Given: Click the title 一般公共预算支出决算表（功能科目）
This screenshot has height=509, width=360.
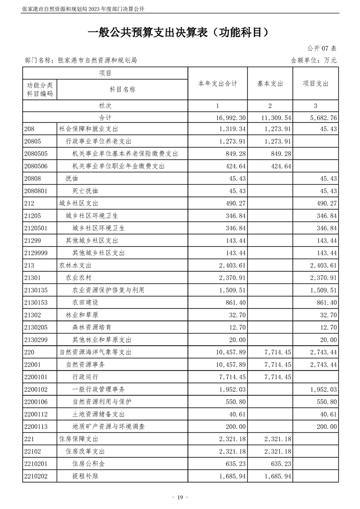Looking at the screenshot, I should tap(180, 32).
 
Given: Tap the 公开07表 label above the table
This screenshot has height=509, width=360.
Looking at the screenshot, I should tap(321, 49).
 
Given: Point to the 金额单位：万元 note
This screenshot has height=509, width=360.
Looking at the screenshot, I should tap(313, 60).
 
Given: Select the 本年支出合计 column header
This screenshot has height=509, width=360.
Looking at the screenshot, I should tap(217, 83).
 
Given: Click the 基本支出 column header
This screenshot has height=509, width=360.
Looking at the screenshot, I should tap(270, 83).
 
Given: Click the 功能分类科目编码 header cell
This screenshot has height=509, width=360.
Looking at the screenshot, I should tap(40, 89).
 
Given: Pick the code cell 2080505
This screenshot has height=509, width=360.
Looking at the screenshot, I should tap(40, 154).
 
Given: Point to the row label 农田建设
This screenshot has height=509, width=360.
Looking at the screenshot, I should tap(85, 302).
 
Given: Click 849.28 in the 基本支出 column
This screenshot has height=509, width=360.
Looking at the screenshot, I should tap(280, 154).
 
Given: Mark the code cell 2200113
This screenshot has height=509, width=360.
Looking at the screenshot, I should tap(40, 426).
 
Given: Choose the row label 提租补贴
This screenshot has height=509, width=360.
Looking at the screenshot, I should tap(85, 476).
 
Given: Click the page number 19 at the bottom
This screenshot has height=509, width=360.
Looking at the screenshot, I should tap(180, 497).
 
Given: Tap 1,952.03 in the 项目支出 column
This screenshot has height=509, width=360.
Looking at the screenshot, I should tap(323, 389).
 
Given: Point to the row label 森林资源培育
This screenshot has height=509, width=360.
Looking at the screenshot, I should tap(92, 327).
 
